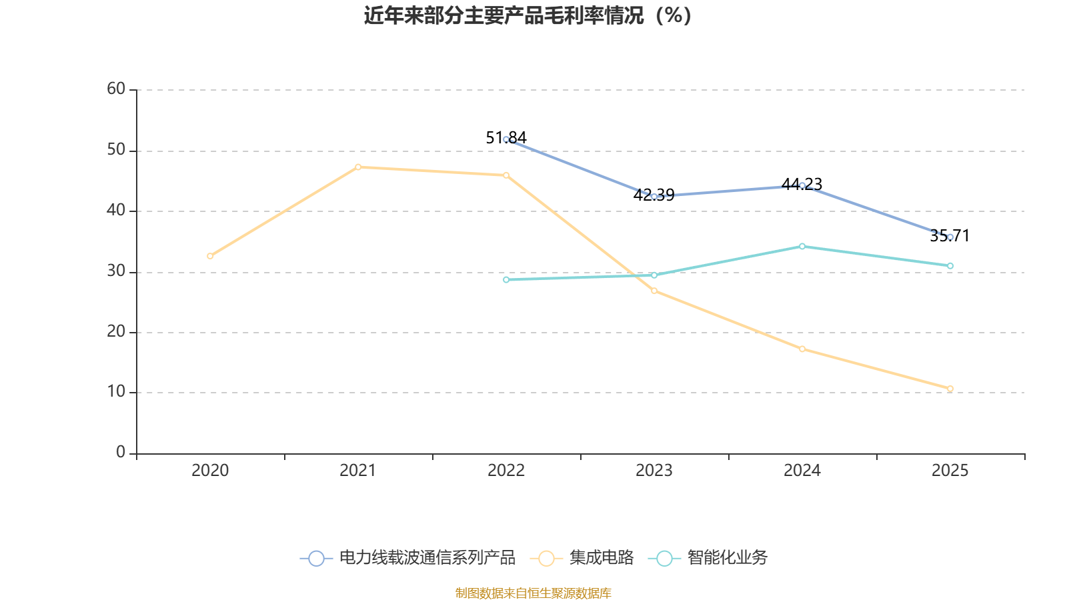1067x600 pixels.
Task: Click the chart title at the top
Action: pyautogui.click(x=527, y=15)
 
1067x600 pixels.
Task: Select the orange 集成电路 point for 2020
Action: pyautogui.click(x=210, y=256)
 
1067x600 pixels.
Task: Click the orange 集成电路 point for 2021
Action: pyautogui.click(x=358, y=167)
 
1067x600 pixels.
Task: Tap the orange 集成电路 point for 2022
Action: pyautogui.click(x=506, y=175)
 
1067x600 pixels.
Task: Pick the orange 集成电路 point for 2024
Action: pyautogui.click(x=802, y=349)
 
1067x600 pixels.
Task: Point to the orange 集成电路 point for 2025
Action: pyautogui.click(x=950, y=389)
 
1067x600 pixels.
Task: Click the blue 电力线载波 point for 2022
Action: pyautogui.click(x=506, y=139)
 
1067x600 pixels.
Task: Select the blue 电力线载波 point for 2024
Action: pyautogui.click(x=802, y=185)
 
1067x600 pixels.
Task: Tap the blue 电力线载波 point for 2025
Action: pyautogui.click(x=950, y=237)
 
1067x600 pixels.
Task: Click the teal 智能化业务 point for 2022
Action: pyautogui.click(x=506, y=279)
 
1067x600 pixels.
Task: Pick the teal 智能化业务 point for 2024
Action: pyautogui.click(x=802, y=247)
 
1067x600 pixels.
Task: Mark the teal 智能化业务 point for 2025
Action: pyautogui.click(x=950, y=266)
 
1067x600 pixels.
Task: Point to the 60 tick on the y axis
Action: pyautogui.click(x=116, y=89)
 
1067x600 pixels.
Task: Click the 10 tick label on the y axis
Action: pyautogui.click(x=116, y=392)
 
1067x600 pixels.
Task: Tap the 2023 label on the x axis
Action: pyautogui.click(x=654, y=471)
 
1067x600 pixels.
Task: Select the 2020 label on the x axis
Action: pyautogui.click(x=210, y=471)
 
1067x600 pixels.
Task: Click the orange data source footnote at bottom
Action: pyautogui.click(x=533, y=593)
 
